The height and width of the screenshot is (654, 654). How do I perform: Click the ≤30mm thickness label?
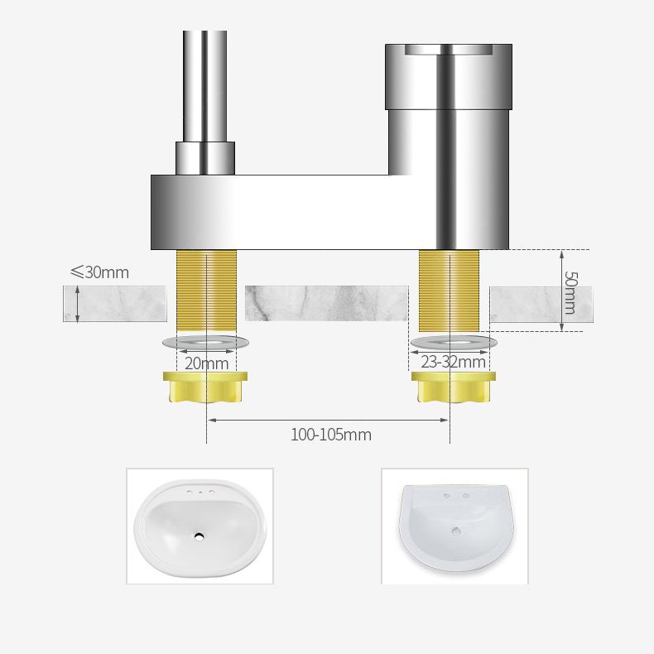[x=99, y=272]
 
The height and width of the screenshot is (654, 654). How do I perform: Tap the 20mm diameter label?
[x=206, y=363]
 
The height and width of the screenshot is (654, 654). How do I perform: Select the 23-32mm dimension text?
[x=453, y=362]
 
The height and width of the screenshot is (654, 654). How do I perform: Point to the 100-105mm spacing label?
[x=330, y=435]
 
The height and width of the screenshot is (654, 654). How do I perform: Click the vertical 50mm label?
[x=570, y=292]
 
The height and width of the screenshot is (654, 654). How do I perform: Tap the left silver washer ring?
[x=205, y=342]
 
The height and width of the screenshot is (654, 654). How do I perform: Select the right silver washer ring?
[x=454, y=342]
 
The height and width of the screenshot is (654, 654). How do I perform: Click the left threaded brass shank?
[x=206, y=290]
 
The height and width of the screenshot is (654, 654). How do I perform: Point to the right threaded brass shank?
[x=449, y=290]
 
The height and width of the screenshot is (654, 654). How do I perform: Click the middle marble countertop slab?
[x=326, y=303]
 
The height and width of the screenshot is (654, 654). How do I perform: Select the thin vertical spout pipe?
[x=204, y=83]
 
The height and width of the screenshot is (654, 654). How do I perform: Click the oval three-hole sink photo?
[x=200, y=526]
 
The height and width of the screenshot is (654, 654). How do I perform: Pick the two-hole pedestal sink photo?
[x=454, y=526]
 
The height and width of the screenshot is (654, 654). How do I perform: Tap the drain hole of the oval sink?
[x=199, y=536]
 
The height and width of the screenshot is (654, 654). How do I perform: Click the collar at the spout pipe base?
[x=204, y=157]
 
